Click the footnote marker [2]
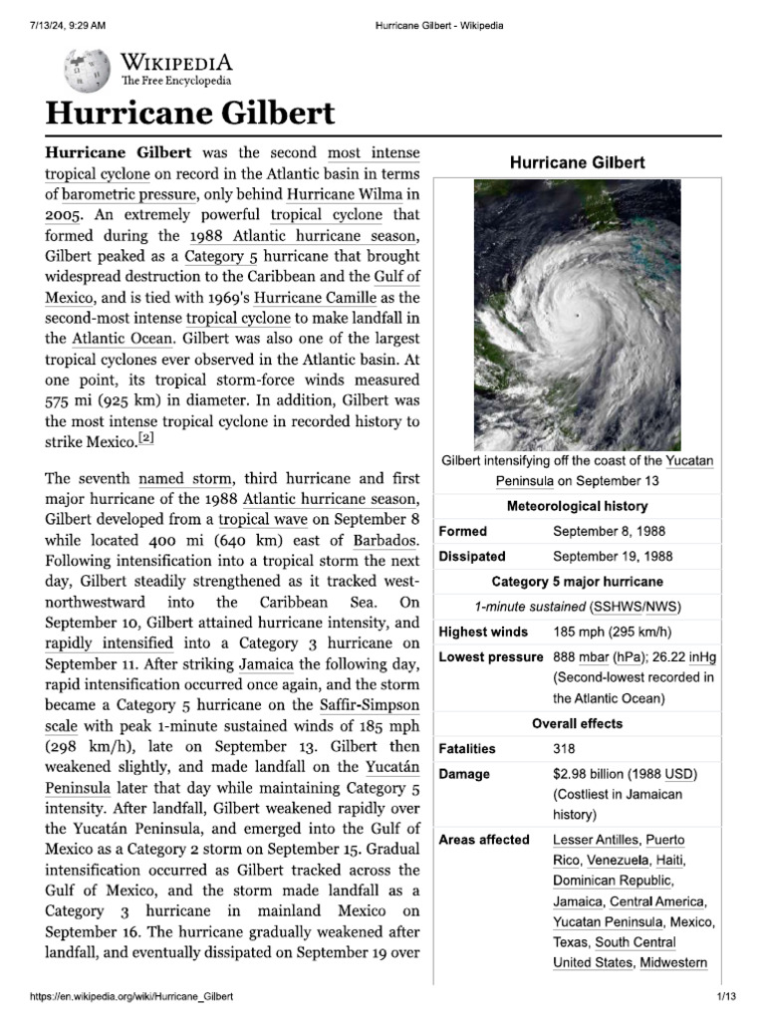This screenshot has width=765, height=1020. click(x=145, y=438)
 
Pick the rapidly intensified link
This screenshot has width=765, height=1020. click(x=109, y=642)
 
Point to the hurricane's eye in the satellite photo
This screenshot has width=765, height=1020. click(x=577, y=315)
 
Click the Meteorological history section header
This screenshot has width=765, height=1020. click(x=578, y=506)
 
